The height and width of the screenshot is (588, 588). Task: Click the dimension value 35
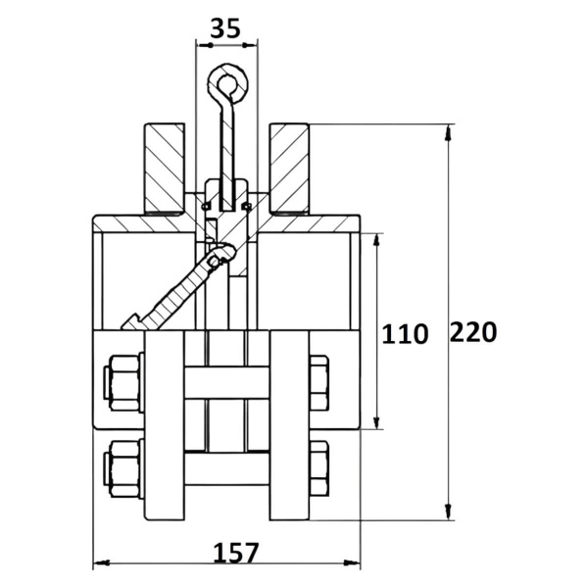(x=225, y=28)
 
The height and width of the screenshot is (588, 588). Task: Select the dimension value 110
(x=405, y=334)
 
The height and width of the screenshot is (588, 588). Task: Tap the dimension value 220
(x=473, y=331)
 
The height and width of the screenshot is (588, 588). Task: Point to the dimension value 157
(x=236, y=553)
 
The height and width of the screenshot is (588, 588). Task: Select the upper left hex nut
(x=123, y=382)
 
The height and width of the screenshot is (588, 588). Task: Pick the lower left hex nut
(x=123, y=468)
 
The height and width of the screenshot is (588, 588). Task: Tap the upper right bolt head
(x=319, y=383)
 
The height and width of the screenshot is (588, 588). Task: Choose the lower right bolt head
(x=319, y=468)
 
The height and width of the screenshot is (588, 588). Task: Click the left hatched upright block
(x=165, y=169)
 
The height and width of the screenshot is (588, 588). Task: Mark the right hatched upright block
(x=289, y=169)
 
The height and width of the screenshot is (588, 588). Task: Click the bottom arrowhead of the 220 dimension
(x=448, y=513)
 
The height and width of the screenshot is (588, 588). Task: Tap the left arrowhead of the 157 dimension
(x=101, y=563)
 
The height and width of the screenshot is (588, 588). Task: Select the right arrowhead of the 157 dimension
(x=352, y=563)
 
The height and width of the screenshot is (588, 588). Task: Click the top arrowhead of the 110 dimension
(x=377, y=241)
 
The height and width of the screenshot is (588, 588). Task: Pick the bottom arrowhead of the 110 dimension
(x=377, y=421)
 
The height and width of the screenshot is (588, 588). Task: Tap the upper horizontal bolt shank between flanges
(x=227, y=383)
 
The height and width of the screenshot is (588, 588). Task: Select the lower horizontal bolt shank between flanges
(x=227, y=468)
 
